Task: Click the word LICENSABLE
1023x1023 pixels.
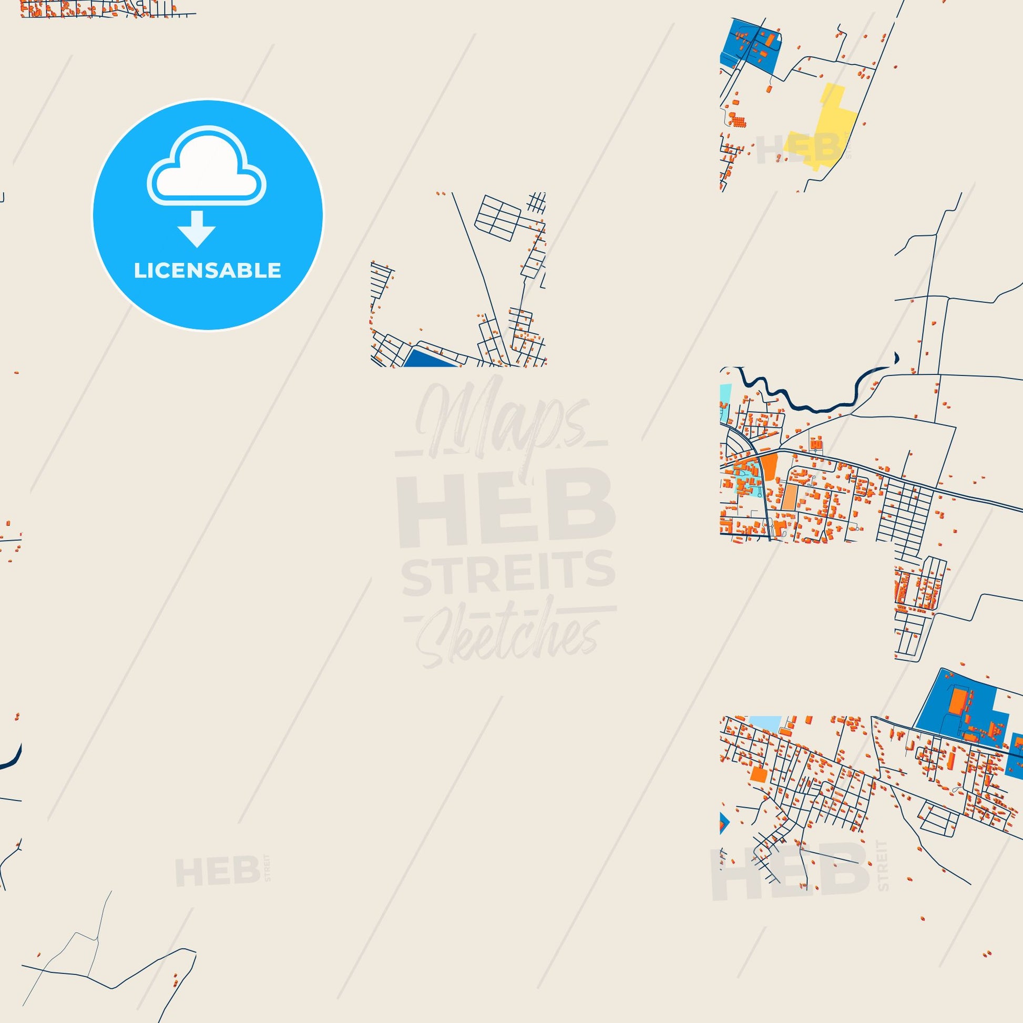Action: [x=207, y=271]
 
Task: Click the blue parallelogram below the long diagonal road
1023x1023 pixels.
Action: [x=429, y=358]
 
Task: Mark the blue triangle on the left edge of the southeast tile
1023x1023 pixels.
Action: [x=724, y=838]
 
